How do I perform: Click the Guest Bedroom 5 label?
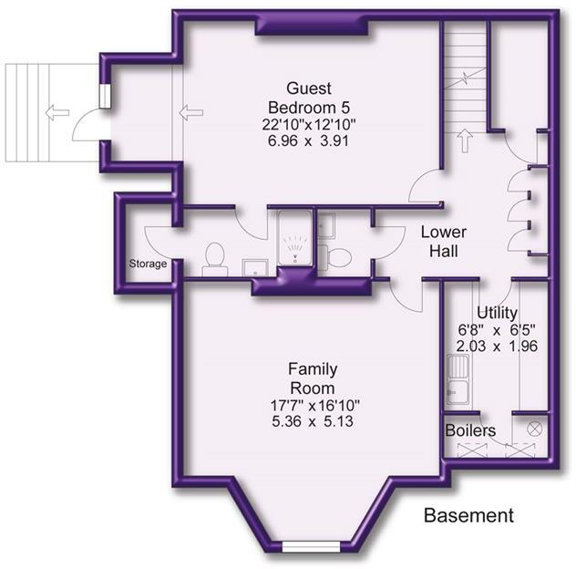coord(309,98)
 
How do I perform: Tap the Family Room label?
coord(313,378)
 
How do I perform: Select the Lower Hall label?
coord(444,242)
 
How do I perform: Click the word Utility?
coord(497,313)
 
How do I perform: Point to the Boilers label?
coord(470,430)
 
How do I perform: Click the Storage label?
coord(148,264)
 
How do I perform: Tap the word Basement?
coord(468,515)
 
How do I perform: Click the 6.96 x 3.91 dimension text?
coord(308,140)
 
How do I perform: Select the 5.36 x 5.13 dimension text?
coord(313,421)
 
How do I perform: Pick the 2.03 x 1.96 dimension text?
coord(497,346)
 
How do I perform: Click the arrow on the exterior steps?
coord(57,112)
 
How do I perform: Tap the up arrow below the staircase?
coord(465,140)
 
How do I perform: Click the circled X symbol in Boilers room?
coord(534,429)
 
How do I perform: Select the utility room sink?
coord(458,379)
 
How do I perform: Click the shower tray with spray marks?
coord(295,238)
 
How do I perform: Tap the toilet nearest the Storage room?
coord(215,259)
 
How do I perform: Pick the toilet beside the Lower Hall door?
coord(334,257)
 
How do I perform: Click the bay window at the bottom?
coord(311,546)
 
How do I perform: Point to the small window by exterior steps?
coord(105,96)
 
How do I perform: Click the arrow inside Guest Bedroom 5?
coord(191,112)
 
